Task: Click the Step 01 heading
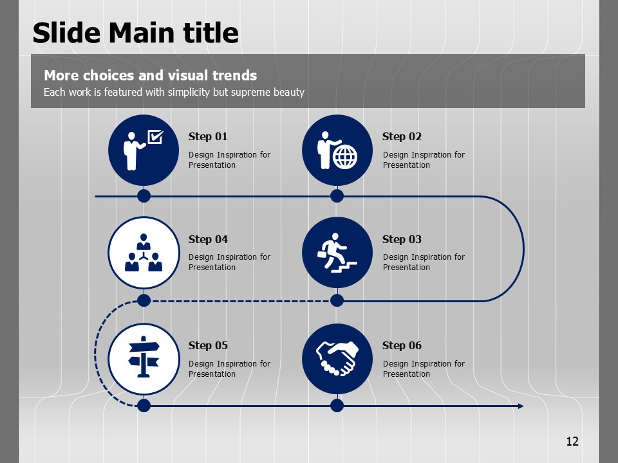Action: coord(208,136)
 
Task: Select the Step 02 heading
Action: coord(402,136)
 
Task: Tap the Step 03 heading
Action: coord(402,239)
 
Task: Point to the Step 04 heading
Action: coord(208,239)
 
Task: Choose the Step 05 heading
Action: coord(208,346)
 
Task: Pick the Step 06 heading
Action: coord(402,346)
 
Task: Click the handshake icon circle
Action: coord(337,359)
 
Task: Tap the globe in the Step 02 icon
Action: coord(345,157)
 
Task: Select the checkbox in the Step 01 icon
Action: coord(155,136)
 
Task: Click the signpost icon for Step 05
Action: coord(144,357)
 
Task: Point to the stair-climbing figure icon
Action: coord(337,253)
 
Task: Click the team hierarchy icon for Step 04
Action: coord(144,253)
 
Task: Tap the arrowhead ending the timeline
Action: coord(521,406)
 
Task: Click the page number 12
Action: coord(572,441)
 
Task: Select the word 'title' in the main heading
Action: coord(211,32)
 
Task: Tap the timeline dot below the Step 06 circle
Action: coord(337,406)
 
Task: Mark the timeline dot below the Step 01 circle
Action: coord(144,195)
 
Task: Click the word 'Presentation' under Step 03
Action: coord(406,268)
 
